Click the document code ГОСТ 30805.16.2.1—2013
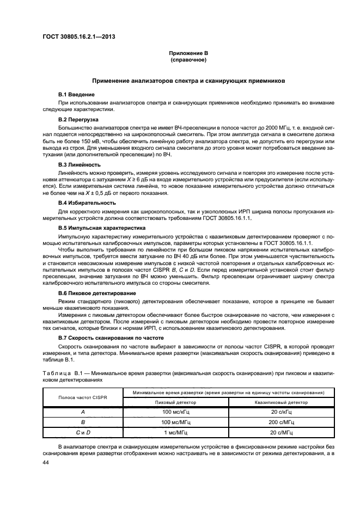(78, 37)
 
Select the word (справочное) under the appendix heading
(188, 60)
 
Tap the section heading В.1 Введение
(76, 95)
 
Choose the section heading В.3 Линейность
(80, 164)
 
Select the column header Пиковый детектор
(176, 402)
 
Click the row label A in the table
(83, 412)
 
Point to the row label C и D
(83, 432)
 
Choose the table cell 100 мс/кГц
(176, 412)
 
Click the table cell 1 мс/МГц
(176, 432)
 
